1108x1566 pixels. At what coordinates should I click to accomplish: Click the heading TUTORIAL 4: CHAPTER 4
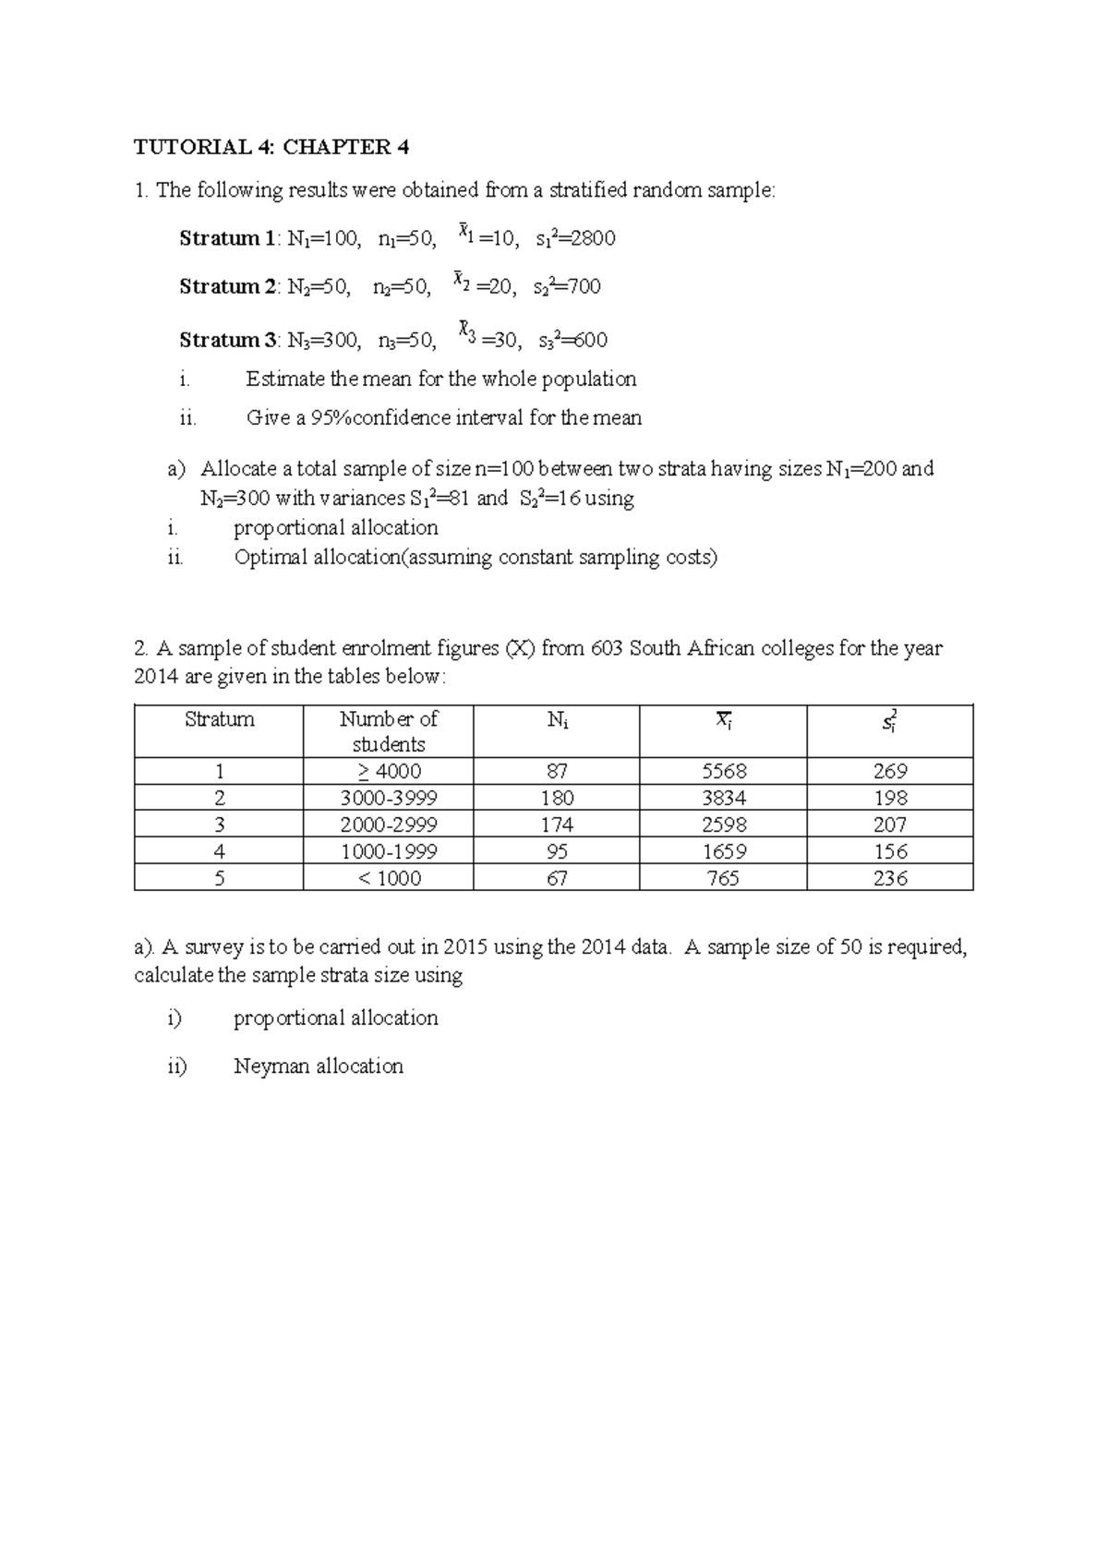[x=271, y=148]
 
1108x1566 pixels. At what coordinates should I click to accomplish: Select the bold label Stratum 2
[x=225, y=287]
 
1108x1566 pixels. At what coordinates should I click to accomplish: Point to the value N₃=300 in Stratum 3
[x=324, y=341]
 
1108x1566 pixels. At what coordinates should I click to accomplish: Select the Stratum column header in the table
[x=219, y=719]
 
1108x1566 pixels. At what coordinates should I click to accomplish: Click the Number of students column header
[x=388, y=731]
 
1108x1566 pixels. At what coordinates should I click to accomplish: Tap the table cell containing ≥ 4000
[x=388, y=772]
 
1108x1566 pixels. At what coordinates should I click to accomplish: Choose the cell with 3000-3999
[x=388, y=799]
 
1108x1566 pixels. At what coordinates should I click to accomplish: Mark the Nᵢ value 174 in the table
[x=557, y=825]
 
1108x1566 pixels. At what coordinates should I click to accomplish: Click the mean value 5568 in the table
[x=723, y=772]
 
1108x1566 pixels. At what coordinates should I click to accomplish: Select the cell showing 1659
[x=723, y=852]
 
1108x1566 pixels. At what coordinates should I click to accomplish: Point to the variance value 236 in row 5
[x=890, y=879]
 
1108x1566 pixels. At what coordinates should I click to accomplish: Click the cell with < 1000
[x=388, y=879]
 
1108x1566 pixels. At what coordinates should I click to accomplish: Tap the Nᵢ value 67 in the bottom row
[x=557, y=879]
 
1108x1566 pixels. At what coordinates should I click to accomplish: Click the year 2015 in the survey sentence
[x=465, y=947]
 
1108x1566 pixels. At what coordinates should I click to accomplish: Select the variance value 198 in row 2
[x=890, y=799]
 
